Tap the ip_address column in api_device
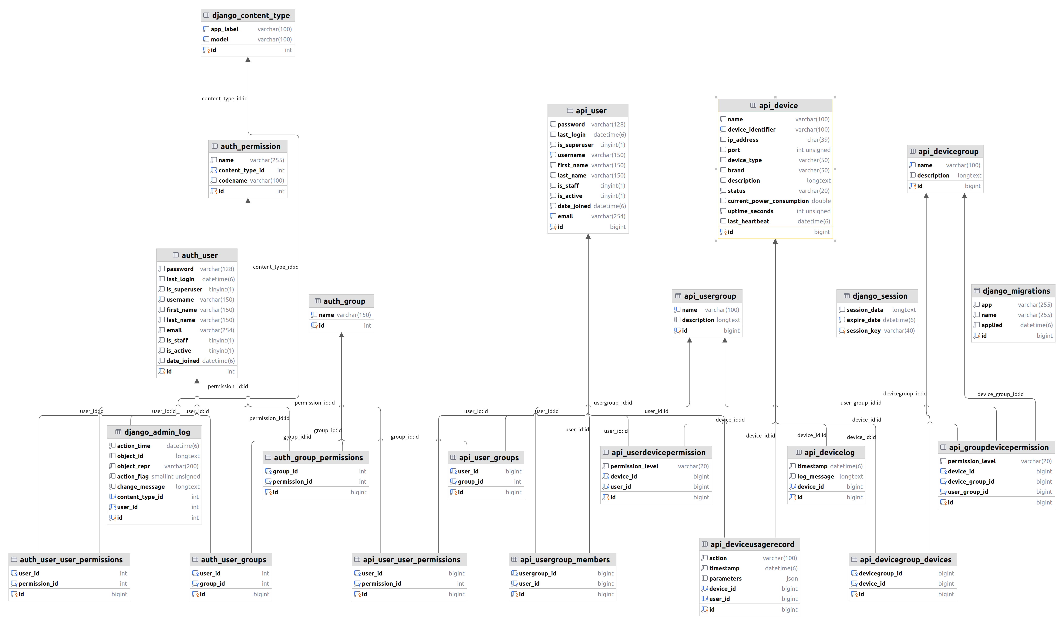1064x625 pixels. pos(743,140)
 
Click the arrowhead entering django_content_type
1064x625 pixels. pos(248,60)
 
